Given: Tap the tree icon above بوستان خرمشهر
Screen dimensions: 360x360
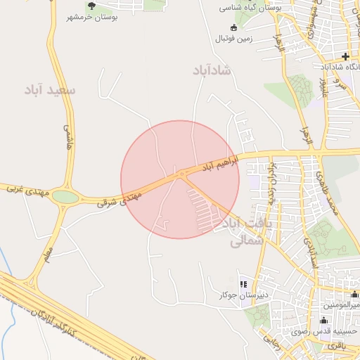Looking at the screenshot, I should click(91, 6).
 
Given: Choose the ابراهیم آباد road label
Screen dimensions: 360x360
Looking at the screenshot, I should click(221, 164).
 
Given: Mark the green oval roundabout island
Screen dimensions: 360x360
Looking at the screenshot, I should click(65, 198).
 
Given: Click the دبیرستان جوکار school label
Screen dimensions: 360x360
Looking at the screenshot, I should click(243, 295).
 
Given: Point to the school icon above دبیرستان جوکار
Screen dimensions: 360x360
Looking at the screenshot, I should click(243, 284).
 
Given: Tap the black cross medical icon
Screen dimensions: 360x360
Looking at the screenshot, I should click(345, 56).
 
